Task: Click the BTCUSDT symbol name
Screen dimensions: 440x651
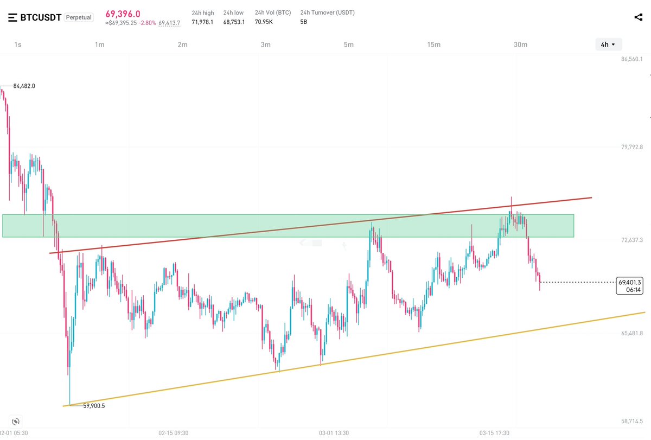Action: tap(41, 17)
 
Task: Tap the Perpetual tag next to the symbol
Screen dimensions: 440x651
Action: tap(79, 17)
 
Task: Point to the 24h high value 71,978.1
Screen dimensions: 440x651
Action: tap(202, 22)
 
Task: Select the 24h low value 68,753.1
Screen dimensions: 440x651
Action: tap(234, 22)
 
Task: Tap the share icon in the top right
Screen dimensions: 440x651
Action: tap(638, 17)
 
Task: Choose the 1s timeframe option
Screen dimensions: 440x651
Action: tap(18, 44)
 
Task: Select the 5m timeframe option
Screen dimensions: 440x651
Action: tap(348, 44)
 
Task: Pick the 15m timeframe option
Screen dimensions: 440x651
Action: tap(433, 44)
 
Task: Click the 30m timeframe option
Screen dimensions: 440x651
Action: tap(520, 44)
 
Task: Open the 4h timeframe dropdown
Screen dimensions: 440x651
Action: tap(608, 44)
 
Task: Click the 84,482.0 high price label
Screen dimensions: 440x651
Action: tap(24, 86)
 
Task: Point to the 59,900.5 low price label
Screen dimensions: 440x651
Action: tap(94, 405)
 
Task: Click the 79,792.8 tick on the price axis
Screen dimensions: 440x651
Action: tap(631, 147)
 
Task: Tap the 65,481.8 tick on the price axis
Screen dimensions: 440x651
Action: tap(631, 333)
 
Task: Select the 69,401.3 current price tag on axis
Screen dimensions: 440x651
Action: tap(629, 282)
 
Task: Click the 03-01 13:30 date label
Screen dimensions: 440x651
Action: tap(334, 433)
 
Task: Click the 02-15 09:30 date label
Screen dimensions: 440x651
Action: tap(173, 433)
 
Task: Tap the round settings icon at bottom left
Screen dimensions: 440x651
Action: tap(16, 421)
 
